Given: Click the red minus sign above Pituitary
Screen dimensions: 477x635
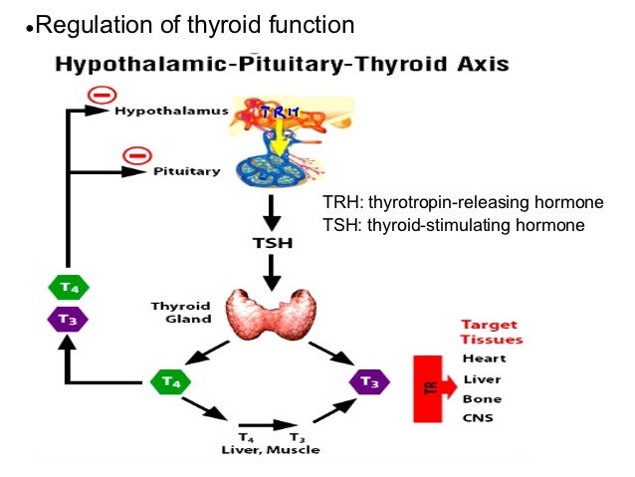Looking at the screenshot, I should (136, 154).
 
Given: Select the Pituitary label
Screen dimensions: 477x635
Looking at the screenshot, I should (186, 171).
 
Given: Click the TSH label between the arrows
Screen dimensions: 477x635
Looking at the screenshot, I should (271, 242).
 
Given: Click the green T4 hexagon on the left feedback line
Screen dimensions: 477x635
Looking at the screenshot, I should (69, 287).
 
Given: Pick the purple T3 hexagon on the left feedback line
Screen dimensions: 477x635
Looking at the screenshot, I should (69, 320).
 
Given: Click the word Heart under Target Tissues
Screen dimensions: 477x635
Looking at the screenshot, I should (484, 358).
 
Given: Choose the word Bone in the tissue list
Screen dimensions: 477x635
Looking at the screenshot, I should (482, 398).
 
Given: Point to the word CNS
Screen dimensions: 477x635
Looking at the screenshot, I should (479, 418).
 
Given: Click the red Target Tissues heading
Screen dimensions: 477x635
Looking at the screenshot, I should (491, 332).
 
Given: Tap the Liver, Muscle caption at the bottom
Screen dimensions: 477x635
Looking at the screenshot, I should (270, 450).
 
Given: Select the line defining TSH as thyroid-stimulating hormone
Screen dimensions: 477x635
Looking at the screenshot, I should (454, 225).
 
